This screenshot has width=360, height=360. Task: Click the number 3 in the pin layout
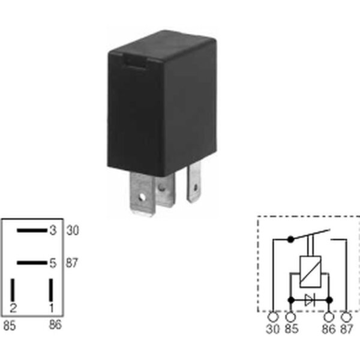(x=53, y=230)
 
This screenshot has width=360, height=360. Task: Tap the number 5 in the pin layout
(x=53, y=263)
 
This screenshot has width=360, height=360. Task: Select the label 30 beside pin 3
(x=73, y=230)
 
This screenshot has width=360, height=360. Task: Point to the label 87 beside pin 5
(x=72, y=263)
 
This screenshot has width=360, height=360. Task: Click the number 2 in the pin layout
(x=13, y=308)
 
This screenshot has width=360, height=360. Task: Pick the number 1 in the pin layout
(x=52, y=308)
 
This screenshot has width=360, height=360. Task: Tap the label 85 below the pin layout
(x=10, y=326)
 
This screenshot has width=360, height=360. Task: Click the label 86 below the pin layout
(x=55, y=325)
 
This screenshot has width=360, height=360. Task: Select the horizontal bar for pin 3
(x=32, y=230)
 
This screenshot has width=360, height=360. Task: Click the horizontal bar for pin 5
(x=32, y=263)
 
